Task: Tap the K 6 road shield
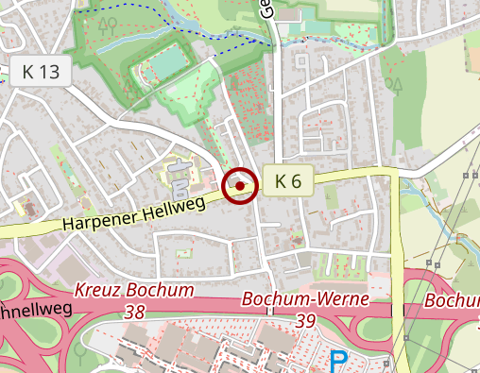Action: coord(288,181)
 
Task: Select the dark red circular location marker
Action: coord(242,187)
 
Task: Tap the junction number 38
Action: coord(136,310)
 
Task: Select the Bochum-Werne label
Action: coord(292,300)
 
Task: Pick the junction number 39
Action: coord(304,321)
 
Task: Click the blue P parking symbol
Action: coord(338,361)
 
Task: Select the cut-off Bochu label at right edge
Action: coord(453,300)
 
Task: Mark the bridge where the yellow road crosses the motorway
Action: coord(398,310)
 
